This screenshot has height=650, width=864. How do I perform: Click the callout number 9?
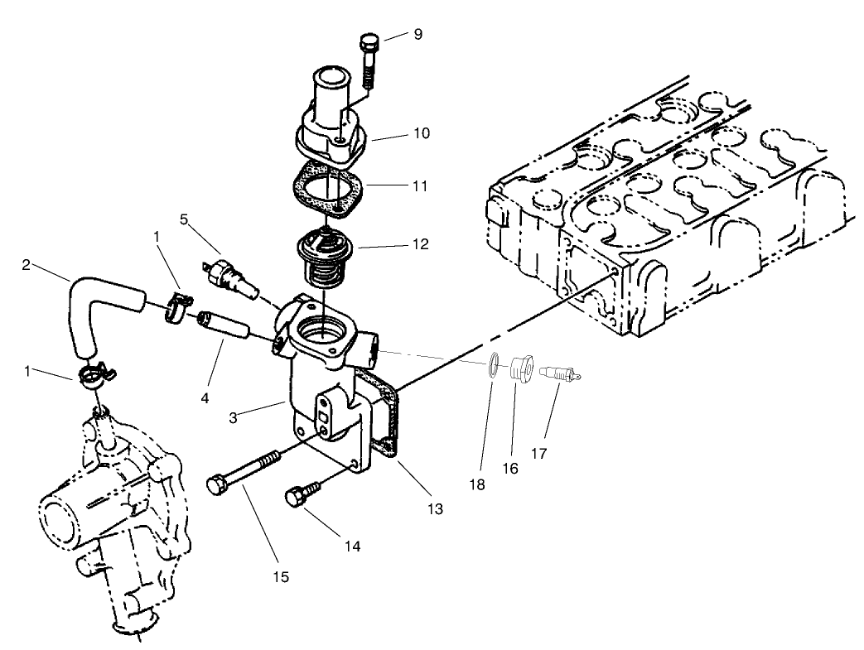coord(418,34)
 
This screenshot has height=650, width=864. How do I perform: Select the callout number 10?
coord(422,132)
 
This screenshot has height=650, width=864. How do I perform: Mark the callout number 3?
coord(235,417)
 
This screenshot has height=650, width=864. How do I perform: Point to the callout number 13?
coord(435,509)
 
